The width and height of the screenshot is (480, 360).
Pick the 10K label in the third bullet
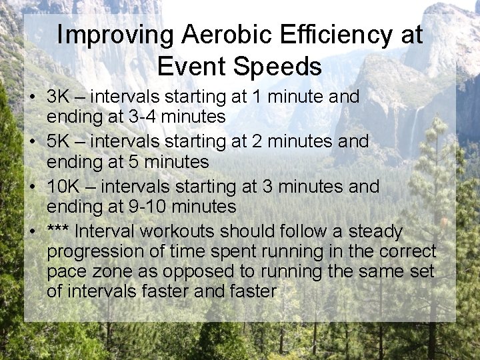[64, 187]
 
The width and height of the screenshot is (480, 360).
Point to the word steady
[376, 232]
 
